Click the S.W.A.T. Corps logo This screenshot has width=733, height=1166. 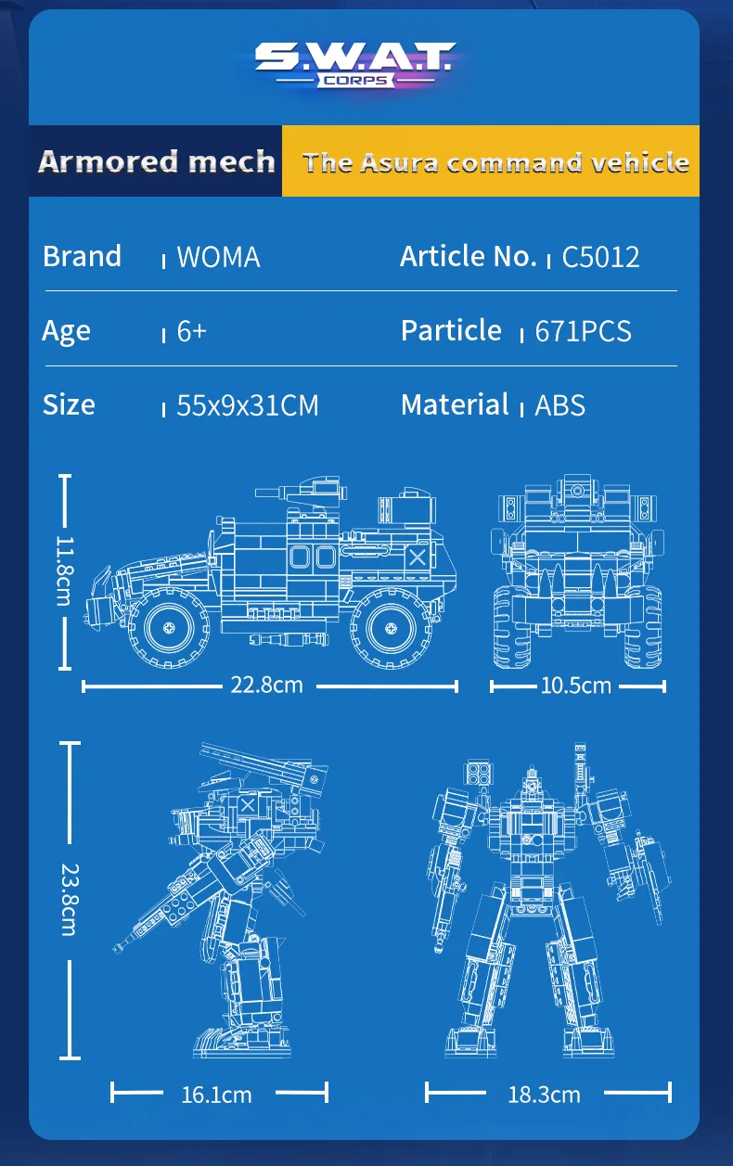[355, 65]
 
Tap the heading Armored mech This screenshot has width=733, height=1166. [157, 161]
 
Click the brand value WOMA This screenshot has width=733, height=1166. [219, 257]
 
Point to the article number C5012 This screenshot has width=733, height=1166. [600, 257]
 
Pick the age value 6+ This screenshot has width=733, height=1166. [191, 331]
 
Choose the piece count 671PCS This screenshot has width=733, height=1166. [583, 331]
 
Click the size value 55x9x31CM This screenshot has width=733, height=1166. [248, 405]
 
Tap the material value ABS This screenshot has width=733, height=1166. [560, 405]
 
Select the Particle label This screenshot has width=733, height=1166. [451, 330]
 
